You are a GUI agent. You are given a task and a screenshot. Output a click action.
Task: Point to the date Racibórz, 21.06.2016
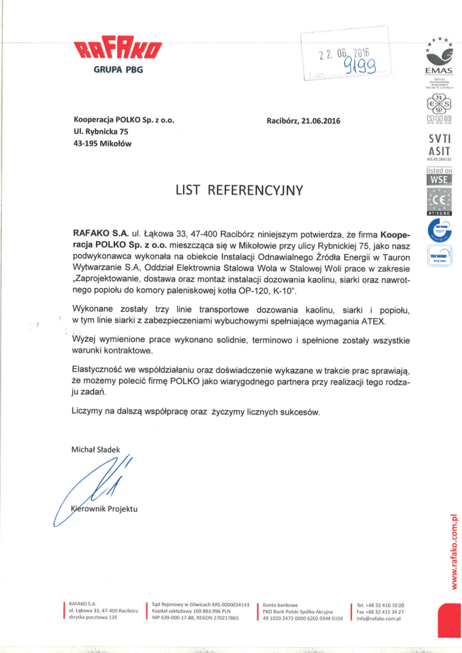click(x=303, y=121)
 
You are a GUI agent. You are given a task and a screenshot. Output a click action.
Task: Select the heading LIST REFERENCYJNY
click(x=239, y=191)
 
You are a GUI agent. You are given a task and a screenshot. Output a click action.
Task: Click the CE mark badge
click(x=438, y=199)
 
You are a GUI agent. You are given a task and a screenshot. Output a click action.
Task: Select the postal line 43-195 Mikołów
click(x=103, y=144)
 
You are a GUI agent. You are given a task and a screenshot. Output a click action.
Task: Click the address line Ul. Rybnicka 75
click(x=101, y=132)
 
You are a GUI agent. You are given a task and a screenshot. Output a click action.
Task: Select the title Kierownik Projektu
click(x=105, y=509)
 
